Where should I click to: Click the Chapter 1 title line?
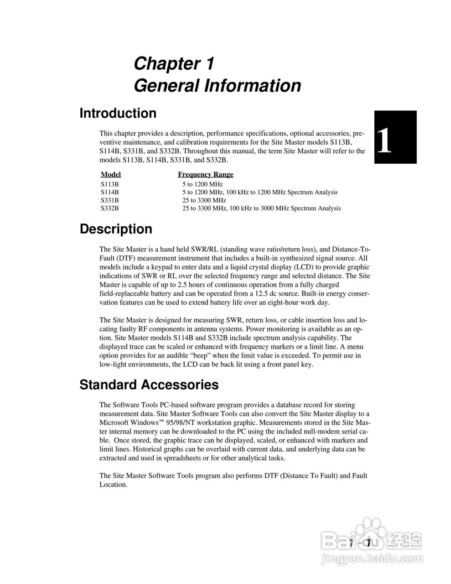pos(174,64)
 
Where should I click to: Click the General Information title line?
pos(217,86)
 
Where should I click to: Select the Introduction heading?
pos(118,113)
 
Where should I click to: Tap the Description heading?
pos(116,229)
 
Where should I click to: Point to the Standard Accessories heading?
pos(149,385)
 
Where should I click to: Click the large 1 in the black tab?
pos(384,141)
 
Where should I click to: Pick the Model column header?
pos(111,174)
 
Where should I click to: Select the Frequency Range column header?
pos(205,174)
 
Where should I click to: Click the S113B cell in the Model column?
pos(109,184)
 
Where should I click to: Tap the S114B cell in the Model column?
pos(109,193)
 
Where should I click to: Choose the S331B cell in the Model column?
pos(109,200)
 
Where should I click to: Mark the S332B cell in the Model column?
pos(109,209)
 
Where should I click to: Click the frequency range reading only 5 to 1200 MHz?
pos(202,184)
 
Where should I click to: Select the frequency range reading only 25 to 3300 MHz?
pos(204,200)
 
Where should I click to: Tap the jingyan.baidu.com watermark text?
pos(373,558)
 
